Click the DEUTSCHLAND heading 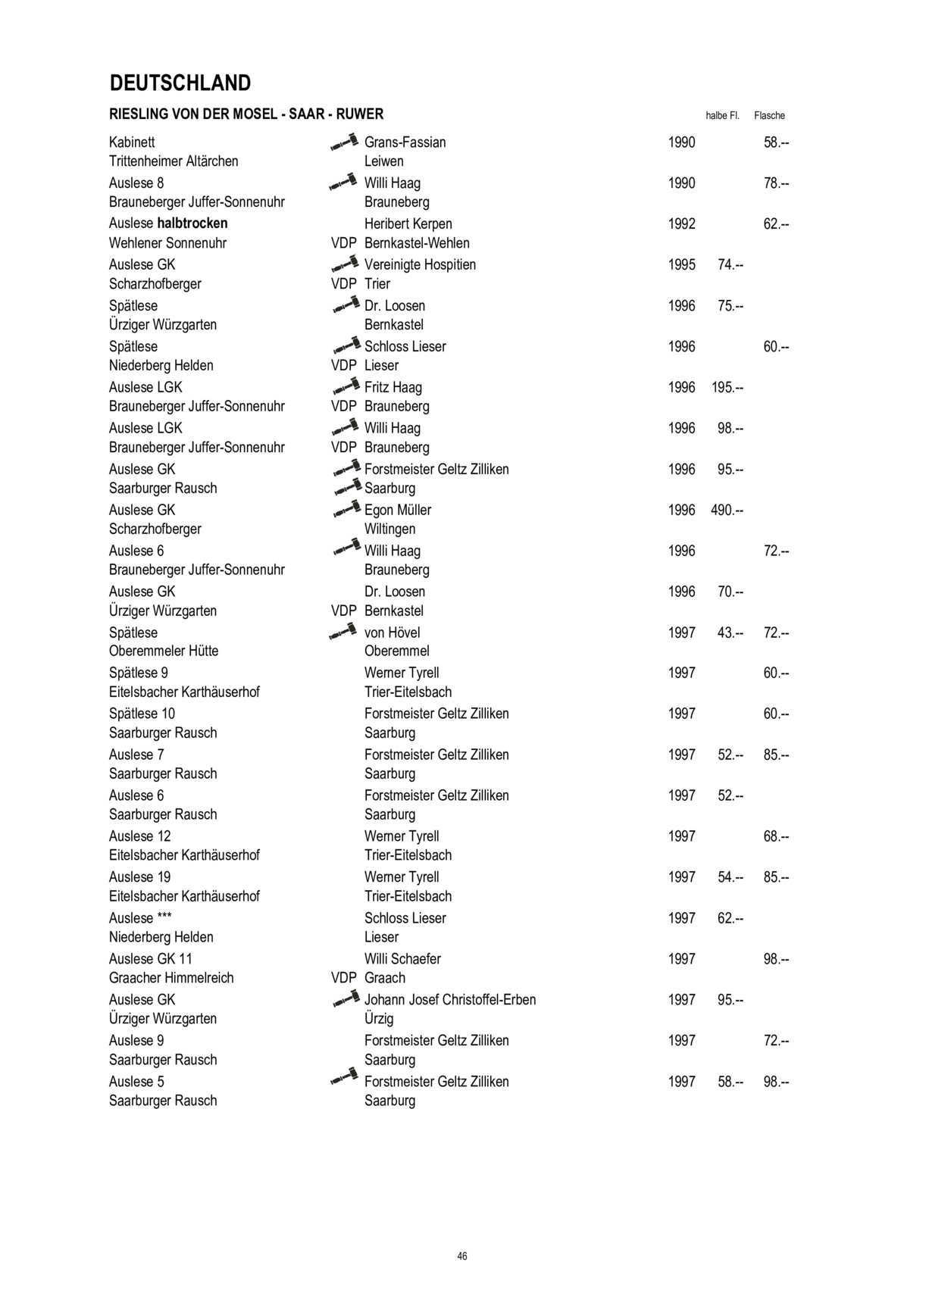click(x=180, y=83)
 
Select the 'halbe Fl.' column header click(x=721, y=116)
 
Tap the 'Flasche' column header click(x=769, y=116)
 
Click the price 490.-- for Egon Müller click(x=727, y=511)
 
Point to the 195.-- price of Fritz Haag click(x=727, y=388)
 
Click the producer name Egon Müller click(x=397, y=511)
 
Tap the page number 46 click(x=462, y=1256)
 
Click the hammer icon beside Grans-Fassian click(x=344, y=142)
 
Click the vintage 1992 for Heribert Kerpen click(x=681, y=224)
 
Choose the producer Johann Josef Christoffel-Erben click(x=449, y=1000)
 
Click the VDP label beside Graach click(x=343, y=978)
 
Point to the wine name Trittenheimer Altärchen click(x=174, y=161)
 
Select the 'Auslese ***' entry click(x=141, y=918)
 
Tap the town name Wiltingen click(x=389, y=530)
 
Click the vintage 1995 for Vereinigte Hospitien click(x=681, y=265)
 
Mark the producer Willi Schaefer click(x=402, y=959)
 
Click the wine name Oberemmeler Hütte click(x=164, y=651)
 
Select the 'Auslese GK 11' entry click(x=151, y=959)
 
